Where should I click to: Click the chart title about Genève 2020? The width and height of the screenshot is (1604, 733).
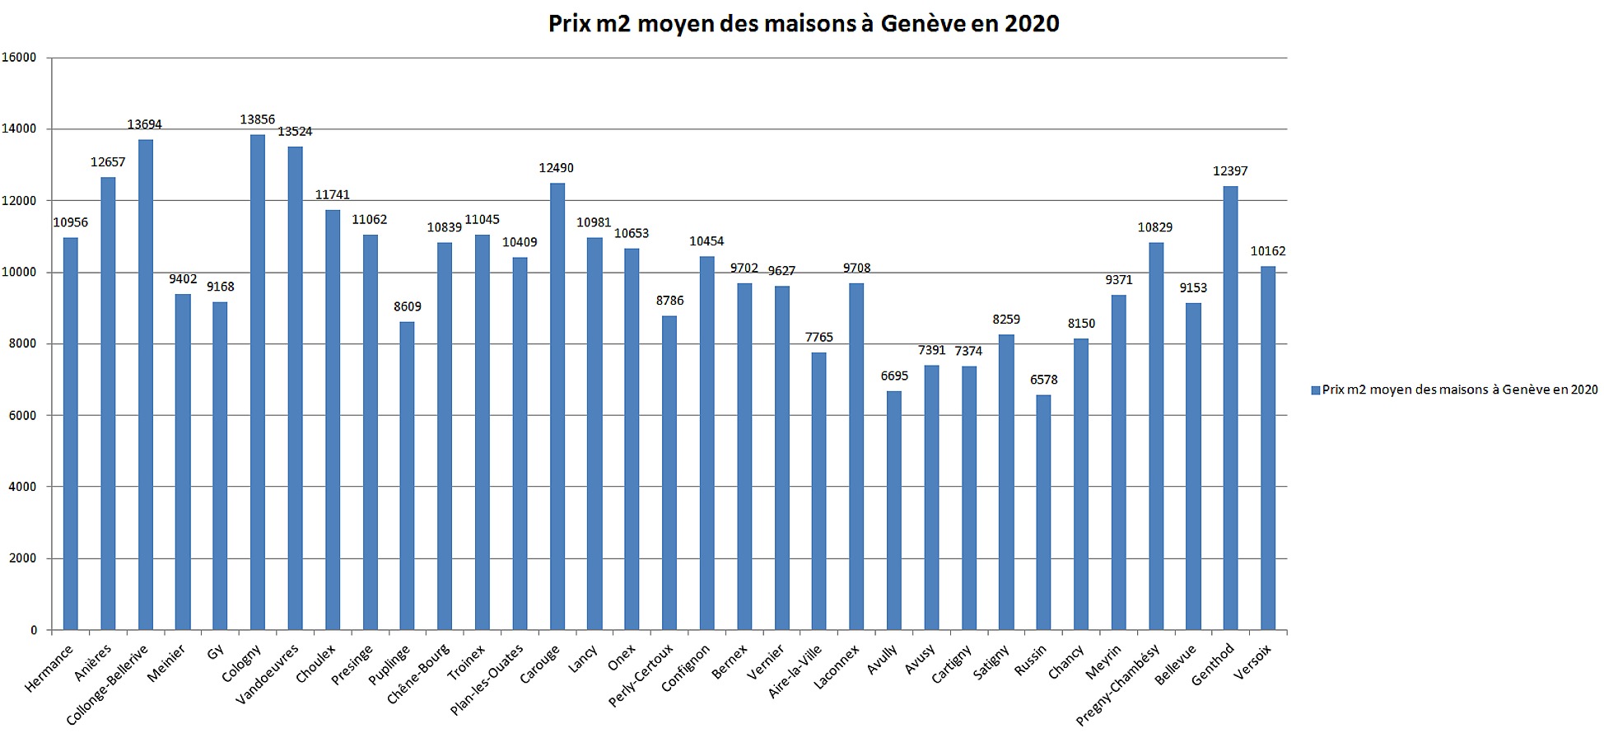pyautogui.click(x=804, y=23)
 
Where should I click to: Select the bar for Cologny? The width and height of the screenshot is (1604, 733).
pyautogui.click(x=258, y=382)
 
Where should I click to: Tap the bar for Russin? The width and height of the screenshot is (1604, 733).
pyautogui.click(x=1043, y=512)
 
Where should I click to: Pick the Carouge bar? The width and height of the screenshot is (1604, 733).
pyautogui.click(x=557, y=406)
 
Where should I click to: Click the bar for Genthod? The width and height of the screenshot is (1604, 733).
pyautogui.click(x=1230, y=408)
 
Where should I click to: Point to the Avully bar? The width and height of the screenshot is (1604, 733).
pyautogui.click(x=894, y=511)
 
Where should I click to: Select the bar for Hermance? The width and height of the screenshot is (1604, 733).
pyautogui.click(x=71, y=434)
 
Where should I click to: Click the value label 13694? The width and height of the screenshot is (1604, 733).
pyautogui.click(x=144, y=124)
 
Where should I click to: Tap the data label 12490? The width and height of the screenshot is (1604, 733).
pyautogui.click(x=556, y=168)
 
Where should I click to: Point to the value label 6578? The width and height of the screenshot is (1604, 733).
pyautogui.click(x=1043, y=380)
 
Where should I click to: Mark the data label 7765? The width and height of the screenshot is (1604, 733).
pyautogui.click(x=818, y=337)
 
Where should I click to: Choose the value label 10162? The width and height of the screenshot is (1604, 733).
pyautogui.click(x=1267, y=251)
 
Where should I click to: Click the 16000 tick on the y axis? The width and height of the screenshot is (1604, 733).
pyautogui.click(x=19, y=58)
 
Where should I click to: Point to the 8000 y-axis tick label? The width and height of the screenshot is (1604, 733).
pyautogui.click(x=22, y=343)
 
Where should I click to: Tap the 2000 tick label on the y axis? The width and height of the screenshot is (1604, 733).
pyautogui.click(x=22, y=558)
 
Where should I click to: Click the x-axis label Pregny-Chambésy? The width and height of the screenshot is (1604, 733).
pyautogui.click(x=1118, y=684)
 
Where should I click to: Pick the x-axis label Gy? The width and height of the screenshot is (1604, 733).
pyautogui.click(x=216, y=652)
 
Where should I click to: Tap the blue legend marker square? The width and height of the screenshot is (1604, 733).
pyautogui.click(x=1315, y=390)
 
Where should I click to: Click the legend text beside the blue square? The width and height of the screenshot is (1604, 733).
pyautogui.click(x=1459, y=390)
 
